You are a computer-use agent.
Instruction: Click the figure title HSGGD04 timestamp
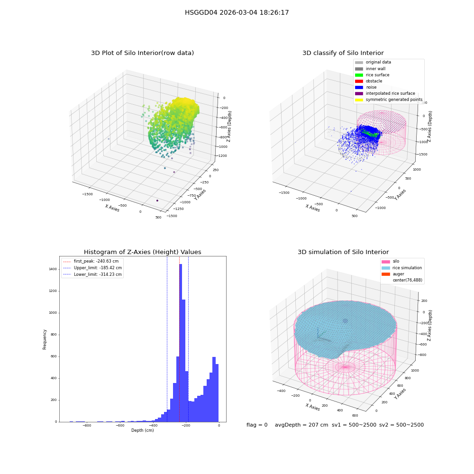coord(237,12)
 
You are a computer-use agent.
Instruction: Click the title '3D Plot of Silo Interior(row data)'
coord(142,53)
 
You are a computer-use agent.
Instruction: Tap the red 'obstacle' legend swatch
coord(359,81)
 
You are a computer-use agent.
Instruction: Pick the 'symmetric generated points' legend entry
coord(389,100)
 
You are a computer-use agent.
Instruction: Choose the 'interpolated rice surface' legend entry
coord(385,93)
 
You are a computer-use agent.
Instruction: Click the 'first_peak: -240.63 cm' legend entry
coord(91,261)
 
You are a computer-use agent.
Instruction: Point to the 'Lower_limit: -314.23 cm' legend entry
coord(92,274)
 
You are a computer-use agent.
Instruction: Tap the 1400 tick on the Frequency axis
coord(53,269)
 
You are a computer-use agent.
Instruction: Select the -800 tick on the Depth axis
coord(87,426)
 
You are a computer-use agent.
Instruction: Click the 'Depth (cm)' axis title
coord(142,430)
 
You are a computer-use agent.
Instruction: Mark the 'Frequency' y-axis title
coord(45,339)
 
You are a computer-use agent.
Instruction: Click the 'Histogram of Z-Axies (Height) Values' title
coord(142,252)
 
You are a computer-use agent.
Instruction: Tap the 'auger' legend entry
coord(392,274)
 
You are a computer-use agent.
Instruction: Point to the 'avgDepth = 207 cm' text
coord(301,425)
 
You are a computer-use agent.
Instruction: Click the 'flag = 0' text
coord(257,425)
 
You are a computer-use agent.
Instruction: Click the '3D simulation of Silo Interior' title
coord(343,252)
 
